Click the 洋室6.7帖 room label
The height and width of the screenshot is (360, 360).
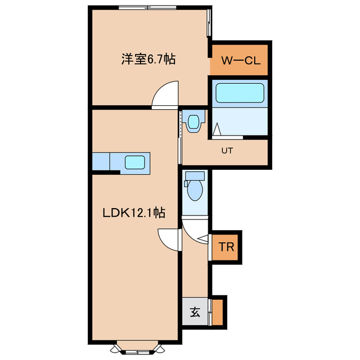pos(148,58)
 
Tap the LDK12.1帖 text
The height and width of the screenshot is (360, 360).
pos(133,213)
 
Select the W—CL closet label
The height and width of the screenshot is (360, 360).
pos(241,61)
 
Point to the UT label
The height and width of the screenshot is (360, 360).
pos(227,150)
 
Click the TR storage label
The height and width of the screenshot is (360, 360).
pos(227,246)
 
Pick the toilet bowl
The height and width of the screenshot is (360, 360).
pos(195,190)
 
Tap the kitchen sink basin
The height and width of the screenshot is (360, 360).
pos(136,162)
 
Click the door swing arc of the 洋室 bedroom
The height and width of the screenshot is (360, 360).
pos(164,93)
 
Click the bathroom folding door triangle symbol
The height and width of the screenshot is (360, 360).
pos(217,131)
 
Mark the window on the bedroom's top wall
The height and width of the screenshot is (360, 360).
pos(147,8)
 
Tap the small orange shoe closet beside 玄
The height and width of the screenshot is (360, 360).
pos(218,311)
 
